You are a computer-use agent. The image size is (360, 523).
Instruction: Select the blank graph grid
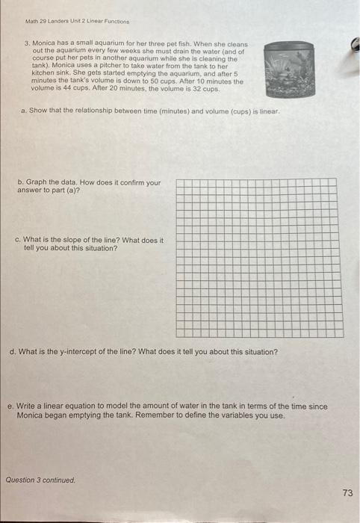point(259,258)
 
